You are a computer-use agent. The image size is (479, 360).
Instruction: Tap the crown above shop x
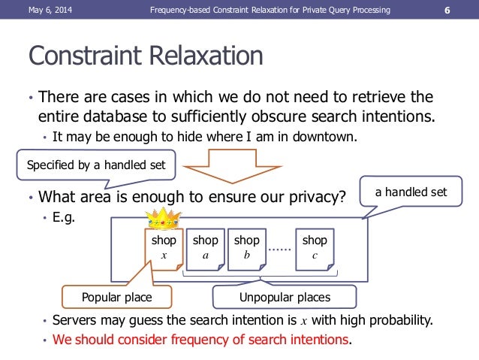pos(164,220)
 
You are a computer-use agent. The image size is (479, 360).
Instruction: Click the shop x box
pos(164,248)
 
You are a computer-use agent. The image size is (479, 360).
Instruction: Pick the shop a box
pos(205,248)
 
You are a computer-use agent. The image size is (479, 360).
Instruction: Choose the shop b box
pos(246,248)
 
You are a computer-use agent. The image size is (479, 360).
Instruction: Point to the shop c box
pos(315,248)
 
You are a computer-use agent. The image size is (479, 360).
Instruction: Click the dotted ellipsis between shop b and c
pos(280,247)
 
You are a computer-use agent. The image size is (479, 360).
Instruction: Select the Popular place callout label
pos(116,298)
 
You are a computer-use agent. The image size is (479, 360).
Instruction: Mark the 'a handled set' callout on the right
pos(411,192)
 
